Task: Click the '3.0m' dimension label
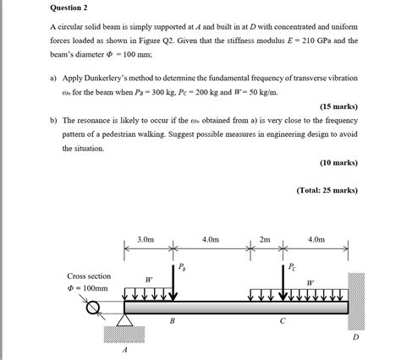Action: click(x=146, y=240)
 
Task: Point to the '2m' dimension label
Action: click(x=265, y=240)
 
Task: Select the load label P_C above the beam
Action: click(x=292, y=269)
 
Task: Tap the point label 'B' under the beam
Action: click(x=173, y=322)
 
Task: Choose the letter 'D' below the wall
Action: click(x=355, y=336)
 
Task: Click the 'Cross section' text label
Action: click(x=88, y=275)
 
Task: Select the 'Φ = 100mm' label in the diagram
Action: click(x=88, y=287)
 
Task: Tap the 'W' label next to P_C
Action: click(x=310, y=283)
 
